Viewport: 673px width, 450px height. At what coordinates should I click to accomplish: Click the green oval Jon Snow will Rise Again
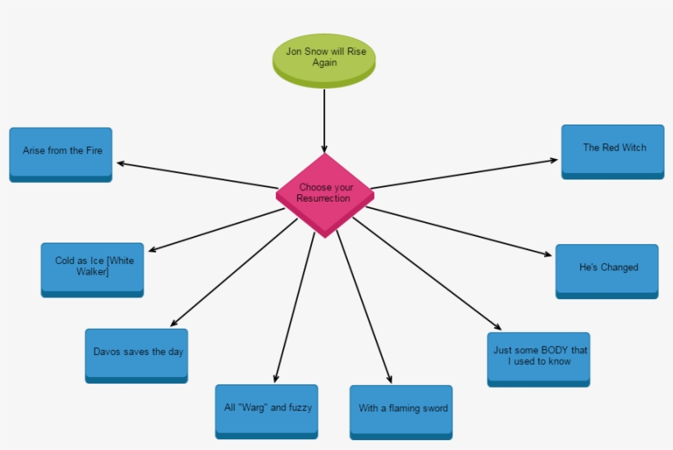325,57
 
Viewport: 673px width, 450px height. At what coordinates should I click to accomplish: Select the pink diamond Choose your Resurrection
325,193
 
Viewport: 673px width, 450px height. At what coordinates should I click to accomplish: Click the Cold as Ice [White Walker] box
92,267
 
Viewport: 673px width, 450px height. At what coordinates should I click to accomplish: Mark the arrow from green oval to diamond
325,120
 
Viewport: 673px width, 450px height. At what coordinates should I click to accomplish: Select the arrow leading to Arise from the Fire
197,175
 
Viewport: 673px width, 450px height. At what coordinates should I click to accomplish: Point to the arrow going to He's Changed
460,232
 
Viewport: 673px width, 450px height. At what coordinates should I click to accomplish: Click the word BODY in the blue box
555,350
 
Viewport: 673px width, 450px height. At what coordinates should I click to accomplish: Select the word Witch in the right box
633,148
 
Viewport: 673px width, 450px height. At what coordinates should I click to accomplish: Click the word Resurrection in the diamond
323,198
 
